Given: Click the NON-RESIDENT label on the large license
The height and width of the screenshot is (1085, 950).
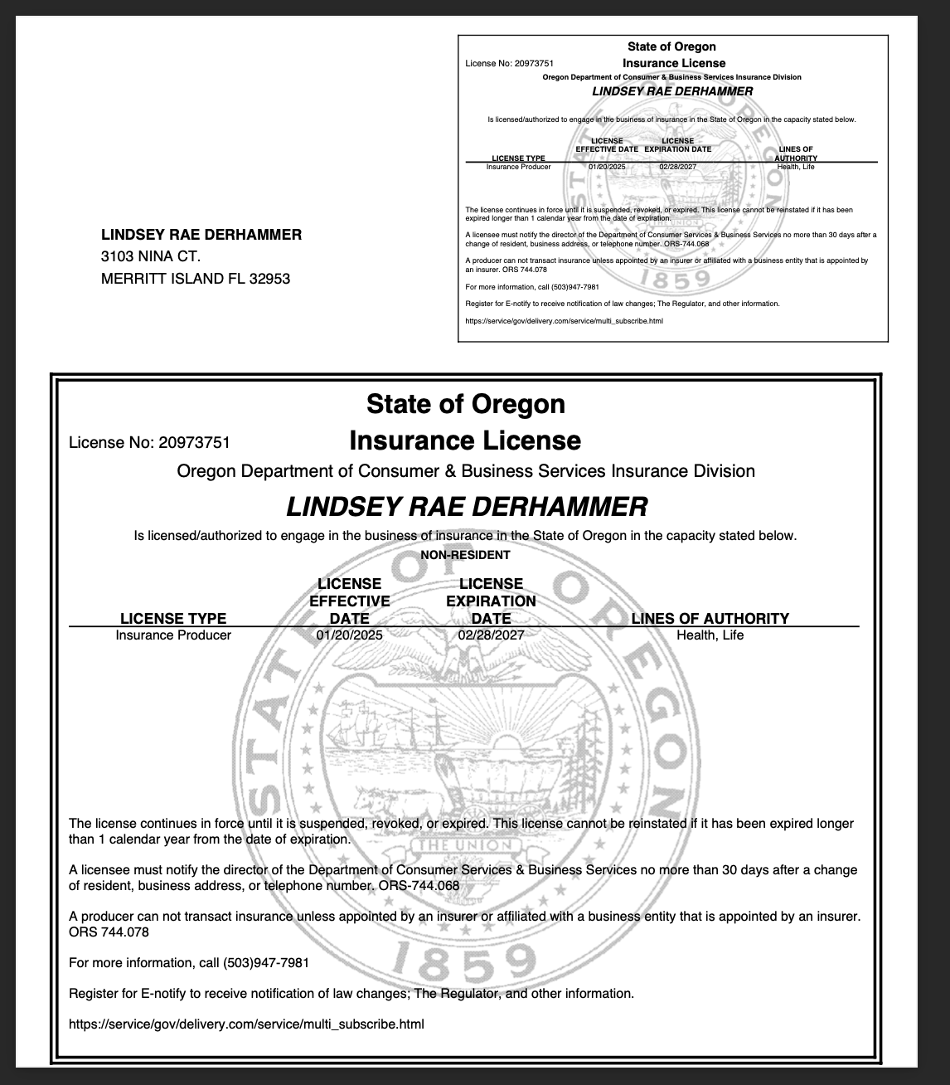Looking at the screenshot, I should [465, 555].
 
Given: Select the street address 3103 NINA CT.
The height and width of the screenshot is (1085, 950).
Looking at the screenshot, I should [150, 256].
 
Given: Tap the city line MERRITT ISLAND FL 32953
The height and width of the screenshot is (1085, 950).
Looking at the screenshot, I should [195, 279].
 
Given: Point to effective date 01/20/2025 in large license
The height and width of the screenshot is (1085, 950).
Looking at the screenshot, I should [349, 635].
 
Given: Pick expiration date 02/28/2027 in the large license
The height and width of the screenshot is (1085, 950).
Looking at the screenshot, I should [491, 635].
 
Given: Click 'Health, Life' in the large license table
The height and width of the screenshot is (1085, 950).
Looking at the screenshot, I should [710, 635].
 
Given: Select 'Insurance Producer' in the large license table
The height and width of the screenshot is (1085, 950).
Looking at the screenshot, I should [173, 635].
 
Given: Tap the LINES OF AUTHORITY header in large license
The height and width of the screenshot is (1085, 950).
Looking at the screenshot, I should [710, 618].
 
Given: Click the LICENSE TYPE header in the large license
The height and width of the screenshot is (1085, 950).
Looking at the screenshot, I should [173, 618].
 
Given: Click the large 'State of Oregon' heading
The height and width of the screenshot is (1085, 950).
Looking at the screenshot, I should [465, 404].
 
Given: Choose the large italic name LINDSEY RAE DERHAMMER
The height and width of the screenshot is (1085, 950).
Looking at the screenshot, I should [467, 506].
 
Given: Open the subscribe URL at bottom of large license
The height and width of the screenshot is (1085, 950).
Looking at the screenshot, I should [246, 1024].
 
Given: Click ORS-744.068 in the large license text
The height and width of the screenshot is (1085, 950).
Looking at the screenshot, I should [418, 886].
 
